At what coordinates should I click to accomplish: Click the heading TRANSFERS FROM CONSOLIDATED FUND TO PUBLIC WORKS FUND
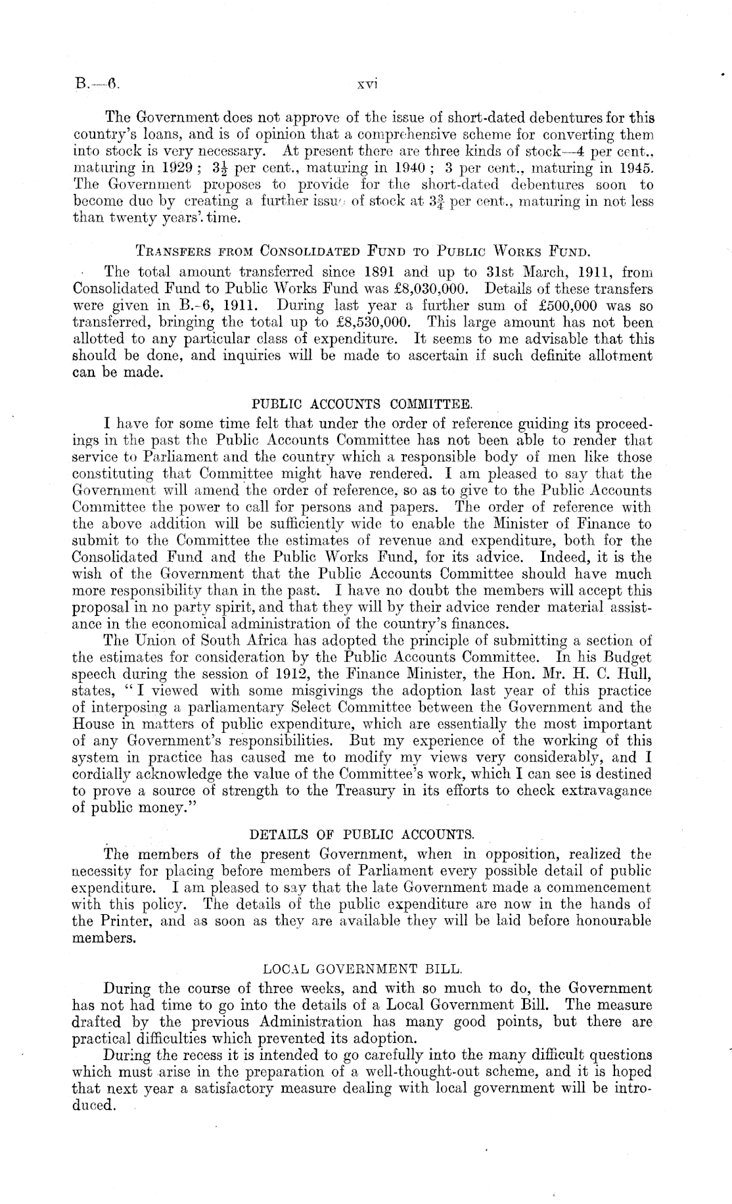pos(363,250)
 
